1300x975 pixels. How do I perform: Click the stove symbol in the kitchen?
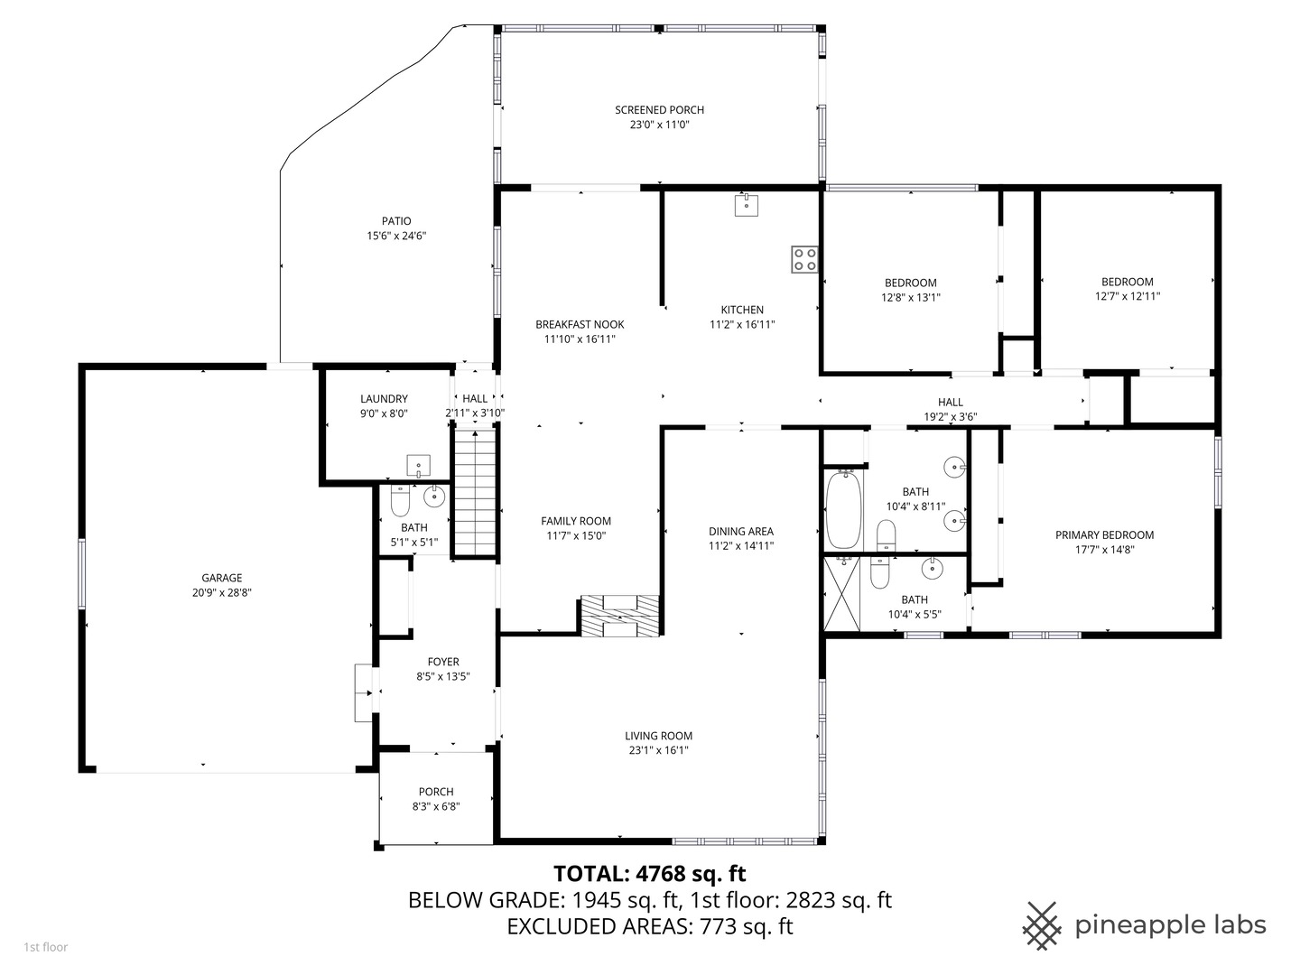[x=804, y=260]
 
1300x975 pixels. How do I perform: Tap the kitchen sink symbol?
[x=747, y=205]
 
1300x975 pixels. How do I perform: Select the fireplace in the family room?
[x=619, y=617]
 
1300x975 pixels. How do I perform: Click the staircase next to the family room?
[x=475, y=493]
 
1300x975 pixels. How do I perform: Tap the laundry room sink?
[x=418, y=466]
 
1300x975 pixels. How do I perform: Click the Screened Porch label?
[x=659, y=110]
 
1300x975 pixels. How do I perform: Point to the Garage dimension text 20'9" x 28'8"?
[x=221, y=593]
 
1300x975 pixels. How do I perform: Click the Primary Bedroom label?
[x=1104, y=535]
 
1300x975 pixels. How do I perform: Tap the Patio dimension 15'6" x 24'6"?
[x=395, y=236]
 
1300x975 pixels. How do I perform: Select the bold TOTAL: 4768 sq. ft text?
[x=649, y=873]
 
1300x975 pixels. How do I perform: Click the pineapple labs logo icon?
[x=1042, y=925]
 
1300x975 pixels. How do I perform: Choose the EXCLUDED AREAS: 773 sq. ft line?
[x=649, y=926]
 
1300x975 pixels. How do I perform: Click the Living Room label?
[x=658, y=736]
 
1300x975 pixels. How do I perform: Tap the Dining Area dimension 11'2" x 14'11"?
[x=740, y=545]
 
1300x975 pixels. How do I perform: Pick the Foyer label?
[x=443, y=662]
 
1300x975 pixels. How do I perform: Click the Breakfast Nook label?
[x=580, y=324]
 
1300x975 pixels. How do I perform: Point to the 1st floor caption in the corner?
[x=45, y=947]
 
